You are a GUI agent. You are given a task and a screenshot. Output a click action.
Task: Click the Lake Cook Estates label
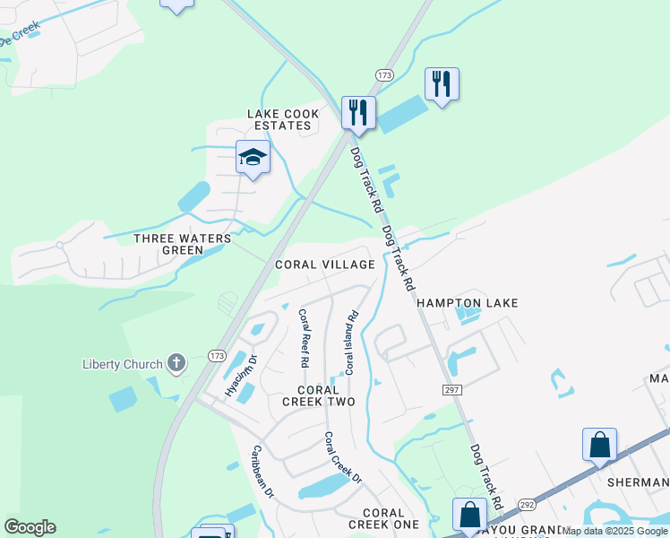point(279,119)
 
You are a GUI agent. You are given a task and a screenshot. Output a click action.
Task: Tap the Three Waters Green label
point(182,244)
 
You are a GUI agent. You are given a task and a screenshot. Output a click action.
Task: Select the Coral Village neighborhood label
point(324,265)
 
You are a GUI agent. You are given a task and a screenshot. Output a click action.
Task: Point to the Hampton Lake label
point(468,304)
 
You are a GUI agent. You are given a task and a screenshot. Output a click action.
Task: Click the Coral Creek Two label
point(319,395)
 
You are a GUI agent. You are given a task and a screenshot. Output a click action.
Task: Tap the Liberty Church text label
point(122,364)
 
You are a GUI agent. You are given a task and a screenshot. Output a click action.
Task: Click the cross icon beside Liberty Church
point(176,363)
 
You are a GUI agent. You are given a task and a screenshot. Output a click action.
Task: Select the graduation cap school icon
point(253,158)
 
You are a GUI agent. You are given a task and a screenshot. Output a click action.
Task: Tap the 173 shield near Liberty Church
point(217,355)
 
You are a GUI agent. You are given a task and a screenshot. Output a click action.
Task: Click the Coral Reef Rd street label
point(304,339)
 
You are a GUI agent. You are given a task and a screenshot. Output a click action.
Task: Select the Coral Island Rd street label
point(351,343)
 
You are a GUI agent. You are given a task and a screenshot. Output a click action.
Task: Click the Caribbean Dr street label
point(262,471)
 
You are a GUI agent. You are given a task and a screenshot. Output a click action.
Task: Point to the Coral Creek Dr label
point(343,458)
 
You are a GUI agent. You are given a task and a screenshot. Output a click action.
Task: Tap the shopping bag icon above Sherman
point(599,444)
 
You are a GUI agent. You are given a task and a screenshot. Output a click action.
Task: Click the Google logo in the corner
point(30,527)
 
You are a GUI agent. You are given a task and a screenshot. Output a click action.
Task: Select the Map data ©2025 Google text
point(615,532)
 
